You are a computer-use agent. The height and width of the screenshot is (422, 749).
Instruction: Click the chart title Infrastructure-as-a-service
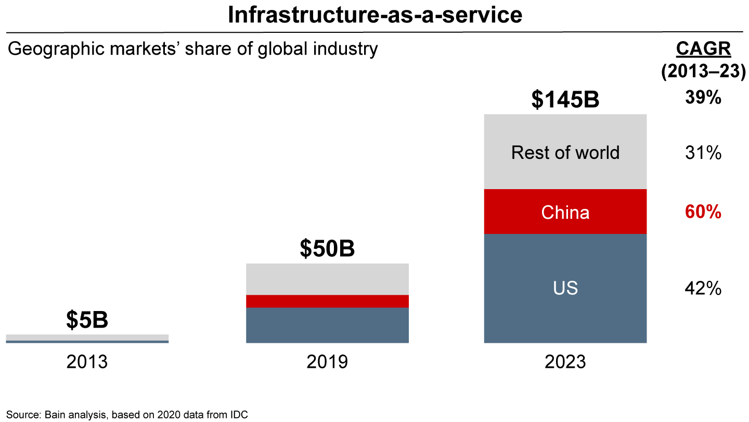(374, 15)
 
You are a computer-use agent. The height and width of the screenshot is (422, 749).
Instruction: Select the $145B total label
(565, 100)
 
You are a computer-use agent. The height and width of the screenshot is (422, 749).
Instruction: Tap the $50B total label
(327, 249)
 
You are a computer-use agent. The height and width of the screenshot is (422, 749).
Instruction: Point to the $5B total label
(87, 320)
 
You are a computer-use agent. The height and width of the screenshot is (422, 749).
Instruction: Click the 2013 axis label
(87, 362)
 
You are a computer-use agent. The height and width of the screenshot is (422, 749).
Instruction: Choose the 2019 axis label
(327, 362)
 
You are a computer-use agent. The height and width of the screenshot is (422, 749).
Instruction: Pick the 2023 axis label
(565, 362)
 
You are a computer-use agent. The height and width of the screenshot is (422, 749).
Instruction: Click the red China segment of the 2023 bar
(565, 212)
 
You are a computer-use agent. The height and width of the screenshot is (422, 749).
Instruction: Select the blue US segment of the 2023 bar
(565, 289)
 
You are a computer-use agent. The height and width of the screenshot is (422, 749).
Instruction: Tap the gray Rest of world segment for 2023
(565, 152)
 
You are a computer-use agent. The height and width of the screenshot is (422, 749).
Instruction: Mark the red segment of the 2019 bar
(327, 301)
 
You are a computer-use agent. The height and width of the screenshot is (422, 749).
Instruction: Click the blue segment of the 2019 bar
(327, 325)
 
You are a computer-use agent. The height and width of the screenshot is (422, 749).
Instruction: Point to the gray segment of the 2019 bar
(327, 279)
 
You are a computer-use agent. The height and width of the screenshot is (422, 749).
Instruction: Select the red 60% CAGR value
(703, 212)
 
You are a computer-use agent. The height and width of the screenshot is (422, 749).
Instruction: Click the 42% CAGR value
(703, 289)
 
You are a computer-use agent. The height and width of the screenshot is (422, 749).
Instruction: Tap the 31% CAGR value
(703, 153)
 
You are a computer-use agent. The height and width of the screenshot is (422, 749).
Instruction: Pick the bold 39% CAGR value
(703, 97)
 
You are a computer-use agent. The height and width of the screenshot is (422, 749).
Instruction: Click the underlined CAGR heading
(703, 49)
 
